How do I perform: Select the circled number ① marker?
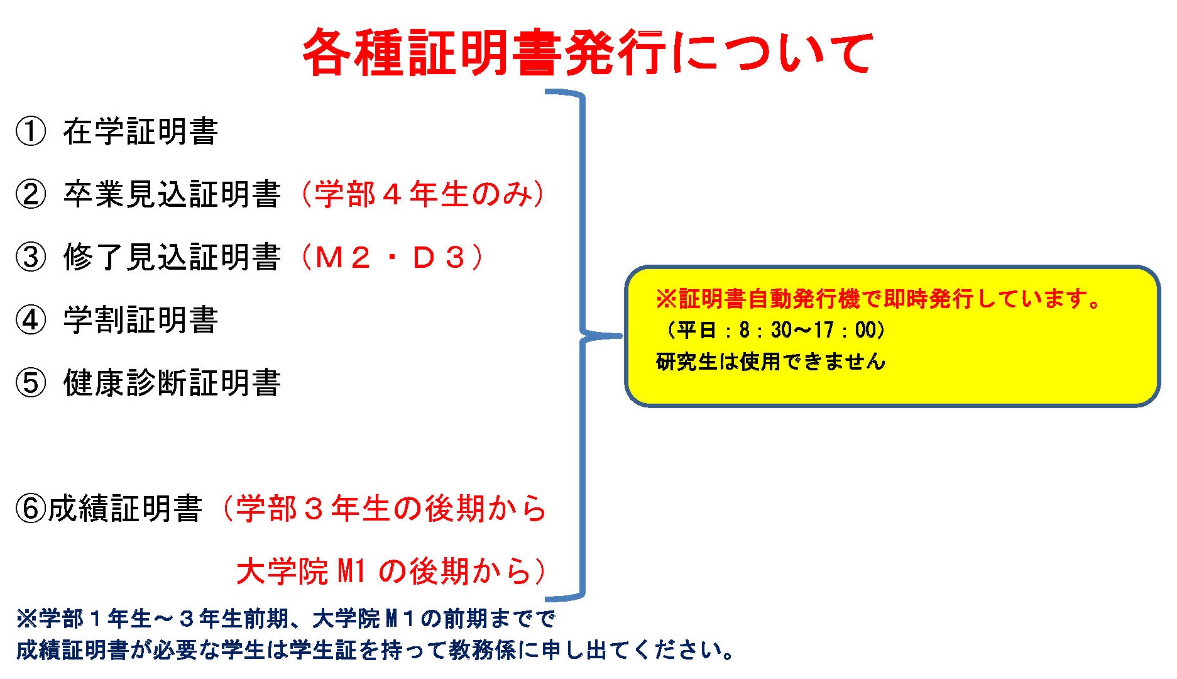[x=31, y=131]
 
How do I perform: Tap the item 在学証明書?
[x=140, y=131]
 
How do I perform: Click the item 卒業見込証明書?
[x=172, y=194]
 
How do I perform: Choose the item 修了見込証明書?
[x=172, y=257]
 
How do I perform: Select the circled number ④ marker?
[x=31, y=320]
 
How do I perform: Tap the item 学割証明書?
[x=140, y=320]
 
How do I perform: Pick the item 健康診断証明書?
[x=172, y=383]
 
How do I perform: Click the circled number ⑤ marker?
[x=31, y=383]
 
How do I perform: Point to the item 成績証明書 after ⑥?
[x=125, y=509]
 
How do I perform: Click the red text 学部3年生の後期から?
[x=391, y=509]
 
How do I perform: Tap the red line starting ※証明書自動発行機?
[x=878, y=299]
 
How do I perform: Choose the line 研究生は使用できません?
[x=770, y=362]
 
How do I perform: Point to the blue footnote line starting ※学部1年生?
[x=286, y=619]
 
